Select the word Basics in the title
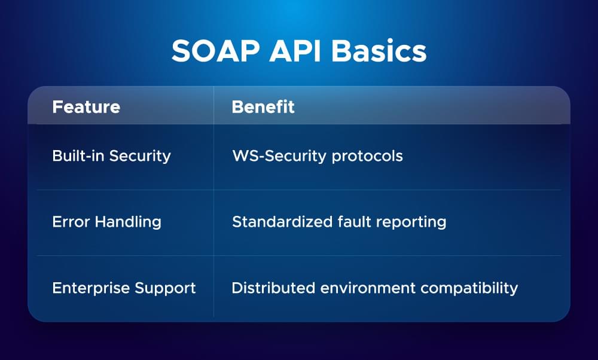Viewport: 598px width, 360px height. point(379,52)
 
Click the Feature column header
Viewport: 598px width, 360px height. point(86,107)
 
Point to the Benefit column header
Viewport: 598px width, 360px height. point(263,107)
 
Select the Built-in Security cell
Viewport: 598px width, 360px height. point(112,156)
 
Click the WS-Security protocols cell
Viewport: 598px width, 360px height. point(317,156)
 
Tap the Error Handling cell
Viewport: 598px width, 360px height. point(107,222)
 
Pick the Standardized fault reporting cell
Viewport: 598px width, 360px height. point(339,222)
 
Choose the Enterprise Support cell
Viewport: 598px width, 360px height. point(124,288)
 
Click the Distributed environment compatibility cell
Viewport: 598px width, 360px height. point(374,288)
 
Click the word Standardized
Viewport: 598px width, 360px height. point(274,222)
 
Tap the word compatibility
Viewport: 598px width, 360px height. point(469,288)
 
